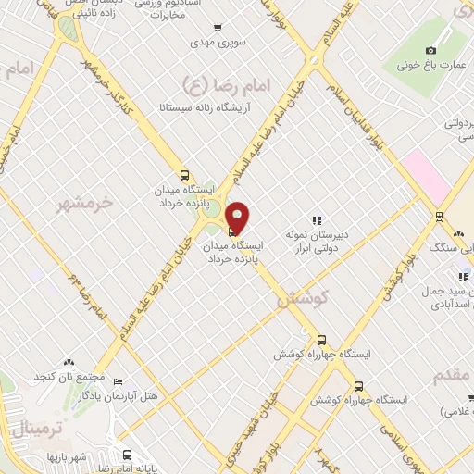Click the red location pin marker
237,218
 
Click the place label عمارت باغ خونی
431,65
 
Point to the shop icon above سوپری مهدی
218,28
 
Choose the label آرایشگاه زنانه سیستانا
206,107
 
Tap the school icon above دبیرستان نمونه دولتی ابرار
317,220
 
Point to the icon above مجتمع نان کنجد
68,364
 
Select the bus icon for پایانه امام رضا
127,455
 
